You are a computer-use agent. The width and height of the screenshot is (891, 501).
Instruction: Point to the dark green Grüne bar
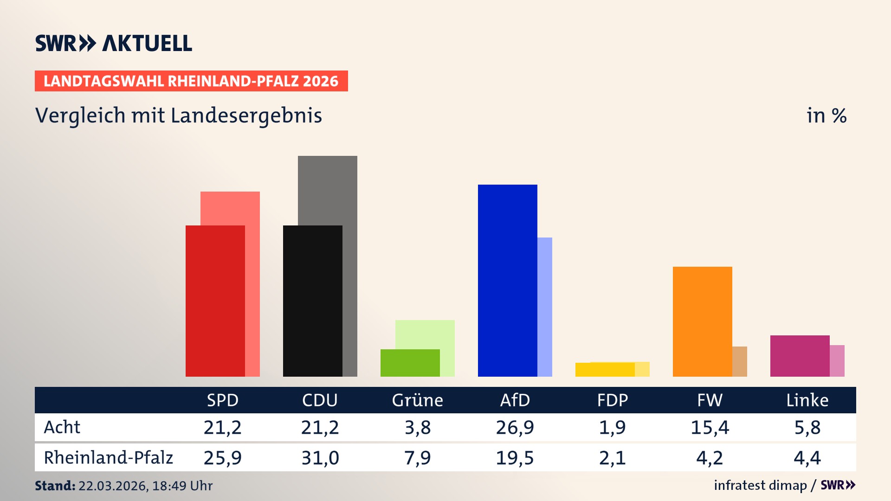coord(410,363)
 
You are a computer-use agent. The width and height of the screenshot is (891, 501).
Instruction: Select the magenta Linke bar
coord(800,356)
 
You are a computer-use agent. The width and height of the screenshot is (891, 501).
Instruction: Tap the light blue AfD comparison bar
coord(545,306)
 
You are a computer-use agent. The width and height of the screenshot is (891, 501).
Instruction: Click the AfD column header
coord(515,400)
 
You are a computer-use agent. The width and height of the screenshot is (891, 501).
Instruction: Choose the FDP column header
coord(612,400)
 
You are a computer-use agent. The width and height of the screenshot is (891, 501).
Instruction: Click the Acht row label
coord(62,427)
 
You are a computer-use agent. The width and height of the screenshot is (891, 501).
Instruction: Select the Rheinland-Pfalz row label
coord(108,458)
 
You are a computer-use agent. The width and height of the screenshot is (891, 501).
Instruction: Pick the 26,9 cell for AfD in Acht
coord(515,427)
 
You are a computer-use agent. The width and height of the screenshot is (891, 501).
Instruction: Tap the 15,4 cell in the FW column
coord(710,427)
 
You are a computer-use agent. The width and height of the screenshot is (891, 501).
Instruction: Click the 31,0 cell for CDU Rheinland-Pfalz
coord(320,458)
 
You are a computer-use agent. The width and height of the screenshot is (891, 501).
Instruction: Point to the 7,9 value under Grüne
coord(417,458)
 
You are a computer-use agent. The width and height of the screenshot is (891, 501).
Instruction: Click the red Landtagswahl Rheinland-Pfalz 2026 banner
coord(191,81)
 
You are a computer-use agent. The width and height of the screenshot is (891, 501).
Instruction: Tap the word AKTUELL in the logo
coord(147,44)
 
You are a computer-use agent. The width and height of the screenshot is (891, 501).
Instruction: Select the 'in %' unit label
coord(826,116)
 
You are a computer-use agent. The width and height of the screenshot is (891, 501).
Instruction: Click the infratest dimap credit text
coord(760,485)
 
